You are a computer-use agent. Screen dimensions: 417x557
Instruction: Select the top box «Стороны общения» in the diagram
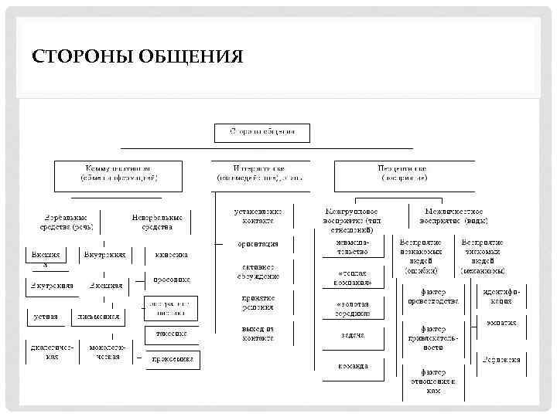click(x=261, y=132)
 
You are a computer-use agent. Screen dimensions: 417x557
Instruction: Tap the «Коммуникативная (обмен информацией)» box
click(x=118, y=172)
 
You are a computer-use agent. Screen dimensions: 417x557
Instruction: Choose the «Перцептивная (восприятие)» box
click(x=403, y=172)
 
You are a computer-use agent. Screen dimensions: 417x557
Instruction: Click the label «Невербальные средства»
click(x=157, y=222)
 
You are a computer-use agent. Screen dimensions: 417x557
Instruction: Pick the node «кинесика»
click(x=171, y=255)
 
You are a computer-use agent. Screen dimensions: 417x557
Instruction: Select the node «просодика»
click(x=171, y=280)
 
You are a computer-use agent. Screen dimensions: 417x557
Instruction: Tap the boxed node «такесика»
click(x=171, y=334)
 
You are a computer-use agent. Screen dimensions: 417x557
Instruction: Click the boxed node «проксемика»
click(x=172, y=360)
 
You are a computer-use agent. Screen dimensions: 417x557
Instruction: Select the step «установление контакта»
click(x=258, y=215)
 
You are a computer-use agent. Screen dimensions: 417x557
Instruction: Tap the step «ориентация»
click(x=258, y=244)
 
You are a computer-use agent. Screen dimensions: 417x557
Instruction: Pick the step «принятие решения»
click(x=258, y=302)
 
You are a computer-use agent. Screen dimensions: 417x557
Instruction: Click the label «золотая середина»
click(x=353, y=308)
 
